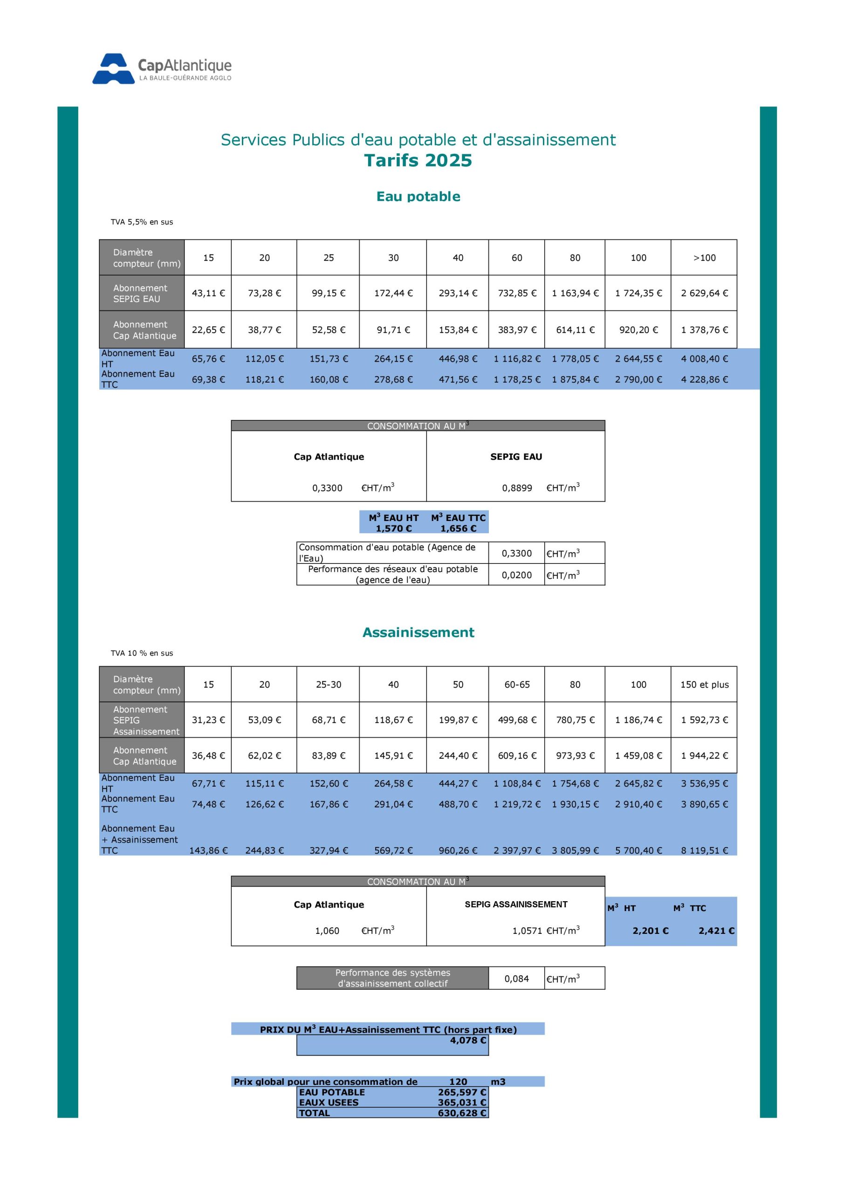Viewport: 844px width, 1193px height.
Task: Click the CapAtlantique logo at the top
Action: [162, 69]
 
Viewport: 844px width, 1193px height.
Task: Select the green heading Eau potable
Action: [418, 196]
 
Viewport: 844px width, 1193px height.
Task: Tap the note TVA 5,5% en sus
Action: [141, 222]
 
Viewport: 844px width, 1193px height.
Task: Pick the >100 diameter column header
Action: [704, 258]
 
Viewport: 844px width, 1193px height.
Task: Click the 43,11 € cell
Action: [208, 293]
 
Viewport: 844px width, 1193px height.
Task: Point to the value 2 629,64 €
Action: [704, 293]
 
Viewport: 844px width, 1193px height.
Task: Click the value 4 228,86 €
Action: [704, 380]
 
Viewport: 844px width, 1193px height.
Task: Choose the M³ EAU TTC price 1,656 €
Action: [458, 528]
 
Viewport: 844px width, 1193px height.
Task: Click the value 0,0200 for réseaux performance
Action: [516, 575]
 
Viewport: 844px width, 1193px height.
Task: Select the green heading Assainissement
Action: [418, 632]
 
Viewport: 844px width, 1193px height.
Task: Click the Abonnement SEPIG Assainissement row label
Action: [142, 720]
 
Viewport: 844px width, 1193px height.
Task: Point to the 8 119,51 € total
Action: [704, 850]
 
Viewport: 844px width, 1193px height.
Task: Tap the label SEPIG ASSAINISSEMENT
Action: [515, 905]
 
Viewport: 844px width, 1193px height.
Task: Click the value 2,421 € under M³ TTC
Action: [716, 931]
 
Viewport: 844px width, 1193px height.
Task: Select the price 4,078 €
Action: [468, 1040]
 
